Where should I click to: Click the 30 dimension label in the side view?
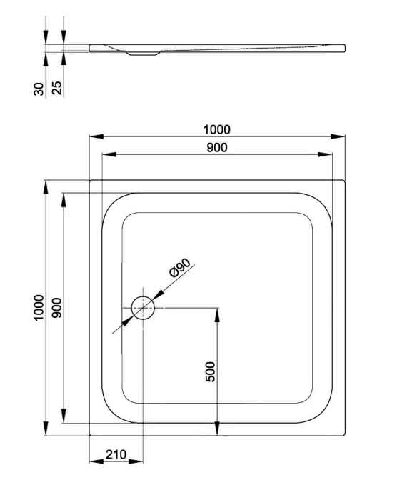(39, 89)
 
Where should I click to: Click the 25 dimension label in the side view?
(56, 88)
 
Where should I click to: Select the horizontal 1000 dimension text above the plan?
(217, 129)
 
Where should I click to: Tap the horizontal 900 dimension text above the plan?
(217, 147)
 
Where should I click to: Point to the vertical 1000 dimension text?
(39, 308)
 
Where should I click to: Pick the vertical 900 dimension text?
(57, 308)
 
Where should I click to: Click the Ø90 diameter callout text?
(180, 268)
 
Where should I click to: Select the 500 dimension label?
(211, 371)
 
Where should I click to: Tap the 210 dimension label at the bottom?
(116, 454)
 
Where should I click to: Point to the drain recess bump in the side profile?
(143, 54)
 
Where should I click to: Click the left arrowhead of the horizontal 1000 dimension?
(96, 136)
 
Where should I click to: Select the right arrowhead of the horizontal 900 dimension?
(325, 154)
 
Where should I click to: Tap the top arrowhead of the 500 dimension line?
(217, 315)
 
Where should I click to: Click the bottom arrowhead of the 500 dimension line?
(217, 429)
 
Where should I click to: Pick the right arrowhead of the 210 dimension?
(136, 461)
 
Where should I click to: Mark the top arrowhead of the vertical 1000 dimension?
(46, 187)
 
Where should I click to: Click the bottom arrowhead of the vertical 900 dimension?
(64, 416)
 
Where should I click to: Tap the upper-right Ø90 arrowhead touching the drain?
(158, 296)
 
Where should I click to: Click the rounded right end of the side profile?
(345, 48)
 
